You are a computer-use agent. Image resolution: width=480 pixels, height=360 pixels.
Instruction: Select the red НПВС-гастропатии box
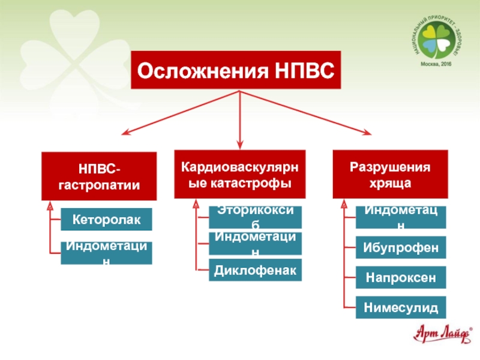99,176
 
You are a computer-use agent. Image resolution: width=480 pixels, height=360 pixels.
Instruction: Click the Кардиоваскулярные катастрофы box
240,174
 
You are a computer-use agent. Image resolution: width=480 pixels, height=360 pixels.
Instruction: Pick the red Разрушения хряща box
391,174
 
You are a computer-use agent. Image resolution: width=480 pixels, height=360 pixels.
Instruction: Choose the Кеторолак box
107,220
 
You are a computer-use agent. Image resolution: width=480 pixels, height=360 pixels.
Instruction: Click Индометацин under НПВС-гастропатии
107,253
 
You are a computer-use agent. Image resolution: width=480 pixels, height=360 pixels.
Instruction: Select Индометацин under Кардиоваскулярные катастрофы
256,244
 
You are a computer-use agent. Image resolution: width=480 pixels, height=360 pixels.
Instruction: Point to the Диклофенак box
256,271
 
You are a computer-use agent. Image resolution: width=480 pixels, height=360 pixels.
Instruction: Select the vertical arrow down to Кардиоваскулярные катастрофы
240,120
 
